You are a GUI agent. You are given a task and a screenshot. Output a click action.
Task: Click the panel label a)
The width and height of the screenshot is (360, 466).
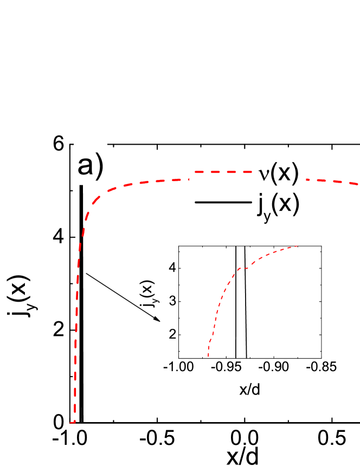[90, 164]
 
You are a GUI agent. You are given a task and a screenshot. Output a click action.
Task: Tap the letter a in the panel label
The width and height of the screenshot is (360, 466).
[85, 166]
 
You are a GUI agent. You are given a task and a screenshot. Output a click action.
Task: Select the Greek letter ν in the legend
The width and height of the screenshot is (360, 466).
[263, 173]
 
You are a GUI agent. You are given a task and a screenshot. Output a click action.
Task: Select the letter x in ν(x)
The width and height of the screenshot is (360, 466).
[285, 173]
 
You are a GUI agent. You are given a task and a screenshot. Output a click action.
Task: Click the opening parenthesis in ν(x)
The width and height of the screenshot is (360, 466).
[274, 173]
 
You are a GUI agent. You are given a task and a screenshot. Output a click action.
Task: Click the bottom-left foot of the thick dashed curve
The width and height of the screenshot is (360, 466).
[72, 422]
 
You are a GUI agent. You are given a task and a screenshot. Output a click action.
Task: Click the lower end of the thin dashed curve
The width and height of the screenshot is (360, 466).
[209, 356]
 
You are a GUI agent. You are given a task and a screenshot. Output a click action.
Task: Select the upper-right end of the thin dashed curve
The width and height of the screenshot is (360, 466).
[298, 247]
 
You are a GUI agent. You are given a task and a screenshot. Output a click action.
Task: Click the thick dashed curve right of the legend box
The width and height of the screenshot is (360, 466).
[331, 180]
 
